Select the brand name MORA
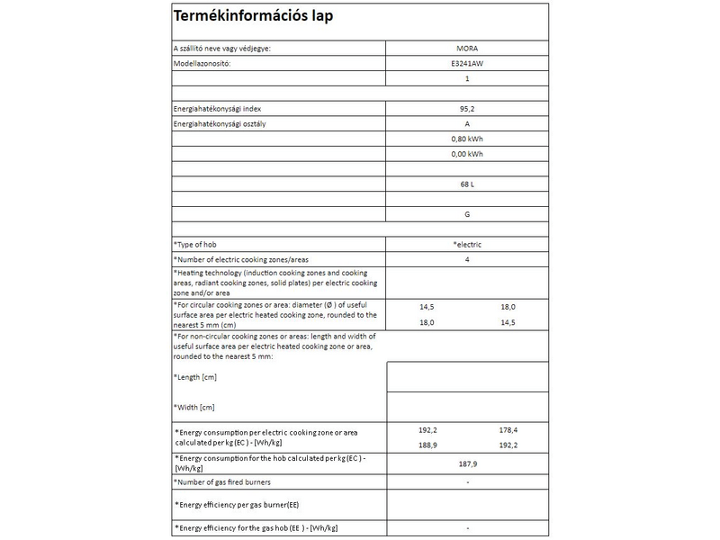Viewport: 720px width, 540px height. (466, 48)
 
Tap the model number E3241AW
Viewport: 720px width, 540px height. (466, 64)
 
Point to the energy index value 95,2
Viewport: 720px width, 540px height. (466, 108)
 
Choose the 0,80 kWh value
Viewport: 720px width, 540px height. (466, 139)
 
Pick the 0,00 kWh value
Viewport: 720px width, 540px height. (466, 154)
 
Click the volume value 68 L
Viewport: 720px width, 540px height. (466, 184)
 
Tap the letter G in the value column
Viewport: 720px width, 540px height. (466, 215)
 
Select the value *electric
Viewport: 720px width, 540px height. (466, 245)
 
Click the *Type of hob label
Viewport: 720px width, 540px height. (195, 245)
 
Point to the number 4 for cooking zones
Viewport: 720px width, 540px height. (466, 259)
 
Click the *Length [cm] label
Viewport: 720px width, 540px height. (195, 376)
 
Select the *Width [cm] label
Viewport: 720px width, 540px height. (194, 408)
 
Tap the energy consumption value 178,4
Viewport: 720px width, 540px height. (509, 430)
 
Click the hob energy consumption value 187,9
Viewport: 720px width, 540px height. (466, 465)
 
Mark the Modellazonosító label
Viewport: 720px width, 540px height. (202, 64)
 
